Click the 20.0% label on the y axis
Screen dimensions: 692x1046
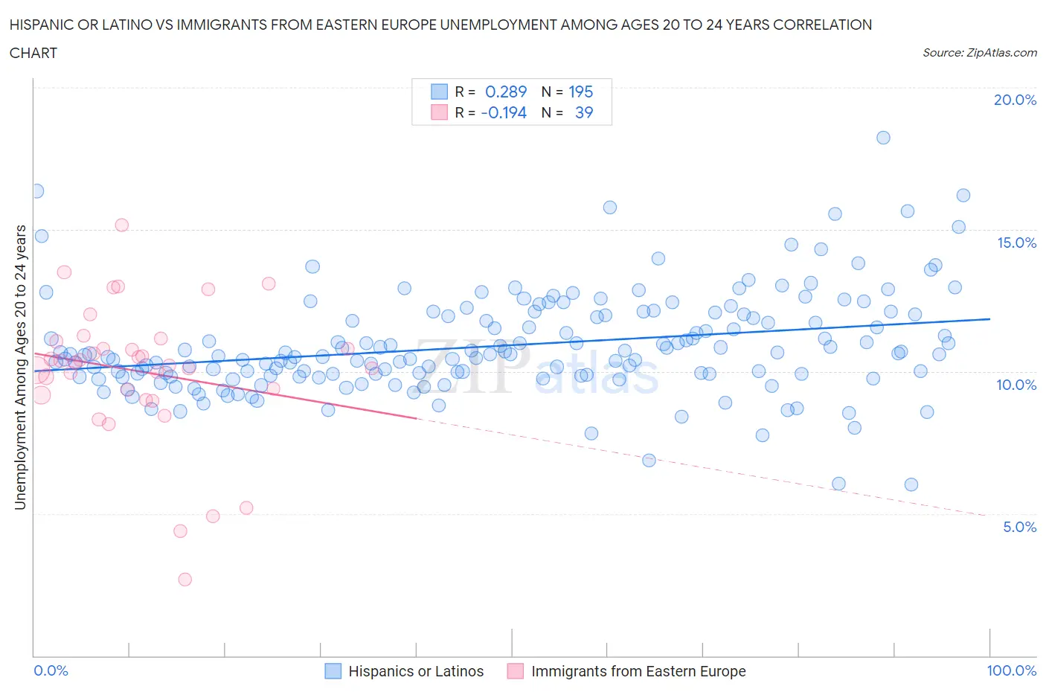coord(1015,100)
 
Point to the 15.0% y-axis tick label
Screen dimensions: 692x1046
coord(1016,243)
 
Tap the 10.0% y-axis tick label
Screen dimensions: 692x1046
coord(1016,385)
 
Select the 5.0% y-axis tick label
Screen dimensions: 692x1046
coord(1019,527)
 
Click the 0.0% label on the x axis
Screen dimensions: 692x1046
coord(51,670)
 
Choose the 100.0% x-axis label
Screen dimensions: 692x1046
coord(1011,670)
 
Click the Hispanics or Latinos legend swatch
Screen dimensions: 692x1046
coord(333,671)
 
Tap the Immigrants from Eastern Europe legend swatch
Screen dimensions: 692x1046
coord(515,671)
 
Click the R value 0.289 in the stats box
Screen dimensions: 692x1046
coord(505,92)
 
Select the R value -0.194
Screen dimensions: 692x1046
coord(504,112)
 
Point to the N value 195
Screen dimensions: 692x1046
coord(580,92)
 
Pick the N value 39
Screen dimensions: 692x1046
coord(584,112)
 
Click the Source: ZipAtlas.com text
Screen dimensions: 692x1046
coord(979,52)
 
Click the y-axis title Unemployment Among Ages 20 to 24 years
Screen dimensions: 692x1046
coord(20,368)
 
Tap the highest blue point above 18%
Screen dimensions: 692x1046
coord(883,137)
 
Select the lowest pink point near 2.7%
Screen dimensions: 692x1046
coord(185,579)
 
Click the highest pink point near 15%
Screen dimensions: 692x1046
coord(121,225)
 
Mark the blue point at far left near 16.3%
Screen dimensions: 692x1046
coord(36,190)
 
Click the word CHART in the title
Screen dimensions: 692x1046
coord(33,53)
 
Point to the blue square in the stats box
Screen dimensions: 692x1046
coord(439,92)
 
